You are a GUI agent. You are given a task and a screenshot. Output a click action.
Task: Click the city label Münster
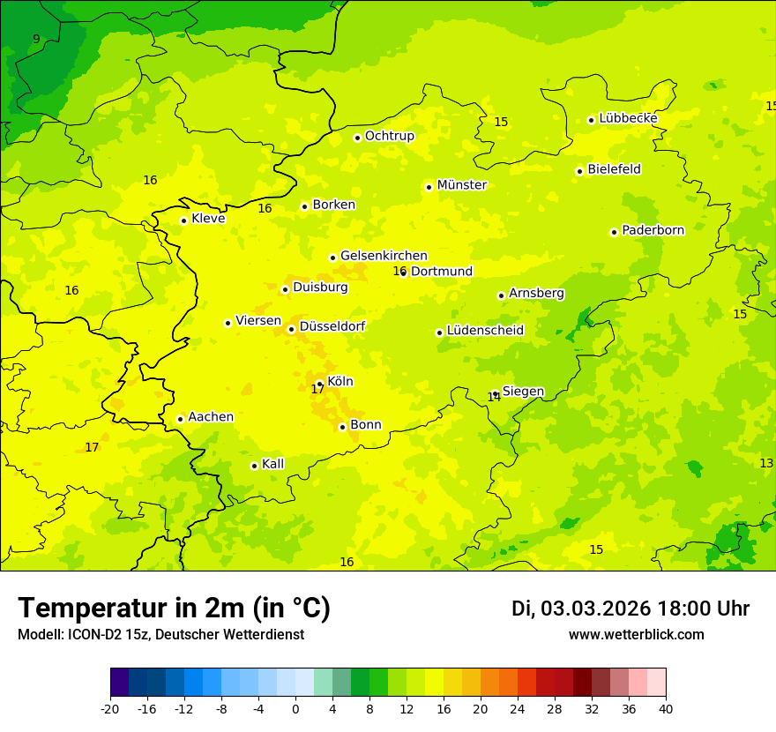(x=461, y=185)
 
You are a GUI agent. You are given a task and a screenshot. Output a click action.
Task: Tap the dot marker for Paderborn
(x=614, y=232)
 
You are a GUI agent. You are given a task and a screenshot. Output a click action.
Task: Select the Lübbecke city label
(x=628, y=118)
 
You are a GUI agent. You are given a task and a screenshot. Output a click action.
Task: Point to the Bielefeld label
(x=614, y=169)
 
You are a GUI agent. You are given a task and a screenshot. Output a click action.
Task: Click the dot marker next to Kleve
(x=183, y=220)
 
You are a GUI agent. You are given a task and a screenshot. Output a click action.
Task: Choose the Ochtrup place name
(x=389, y=136)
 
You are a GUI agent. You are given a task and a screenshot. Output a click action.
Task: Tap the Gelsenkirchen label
(x=384, y=256)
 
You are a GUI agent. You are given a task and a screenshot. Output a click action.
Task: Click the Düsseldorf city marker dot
(x=291, y=329)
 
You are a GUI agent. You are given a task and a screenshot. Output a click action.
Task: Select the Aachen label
(x=211, y=417)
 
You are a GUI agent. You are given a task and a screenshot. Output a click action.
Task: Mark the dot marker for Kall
(x=254, y=466)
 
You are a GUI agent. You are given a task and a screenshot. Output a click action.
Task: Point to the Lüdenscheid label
(x=485, y=331)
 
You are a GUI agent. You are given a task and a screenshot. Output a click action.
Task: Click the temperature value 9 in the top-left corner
(x=36, y=39)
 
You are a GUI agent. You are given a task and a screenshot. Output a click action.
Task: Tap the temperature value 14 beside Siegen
(x=494, y=398)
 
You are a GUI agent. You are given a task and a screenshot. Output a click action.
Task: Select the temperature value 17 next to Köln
(x=317, y=389)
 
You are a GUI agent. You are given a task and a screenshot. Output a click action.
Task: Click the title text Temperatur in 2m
(x=174, y=609)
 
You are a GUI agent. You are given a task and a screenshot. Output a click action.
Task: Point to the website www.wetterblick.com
(x=636, y=635)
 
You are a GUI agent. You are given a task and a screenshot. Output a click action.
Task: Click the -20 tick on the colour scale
(x=110, y=708)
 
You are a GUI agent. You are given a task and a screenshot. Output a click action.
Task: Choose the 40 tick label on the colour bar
(x=665, y=708)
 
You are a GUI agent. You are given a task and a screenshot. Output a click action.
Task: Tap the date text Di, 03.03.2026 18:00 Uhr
(x=630, y=609)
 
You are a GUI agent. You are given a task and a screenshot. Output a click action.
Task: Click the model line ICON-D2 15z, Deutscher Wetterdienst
(x=160, y=635)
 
